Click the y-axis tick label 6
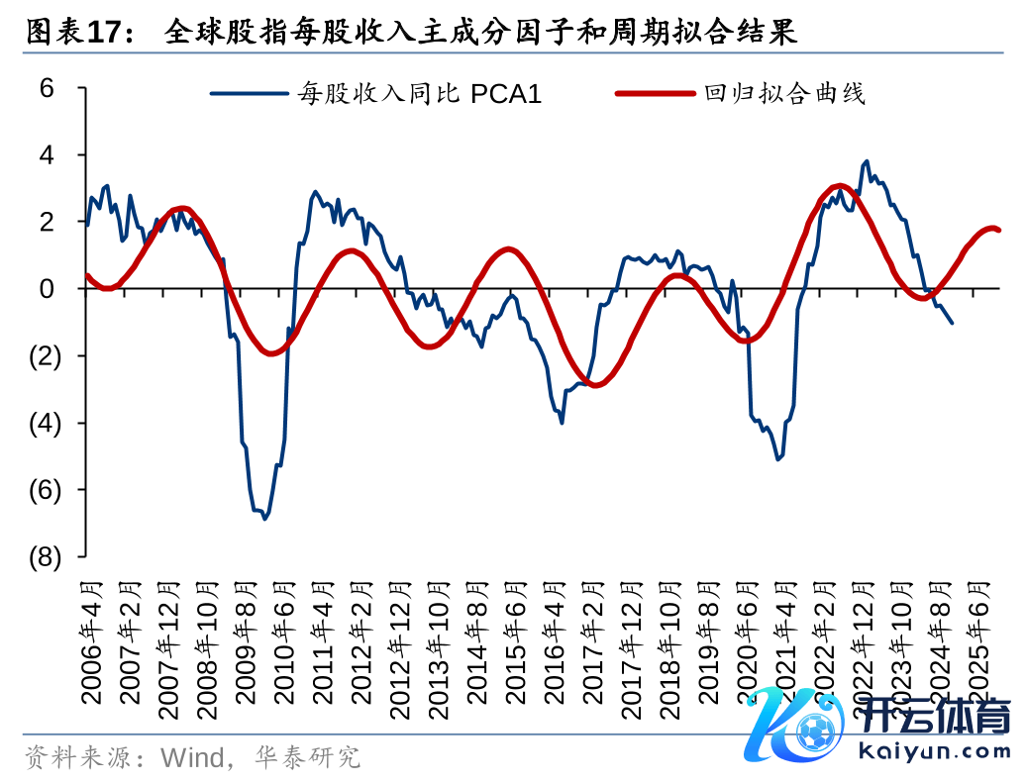[47, 88]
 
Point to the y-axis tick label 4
[47, 155]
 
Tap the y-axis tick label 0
[47, 289]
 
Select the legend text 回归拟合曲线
[784, 95]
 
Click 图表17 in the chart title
[73, 33]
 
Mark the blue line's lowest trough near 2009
[265, 519]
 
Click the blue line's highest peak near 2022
[867, 160]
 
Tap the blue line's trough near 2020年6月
[779, 459]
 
